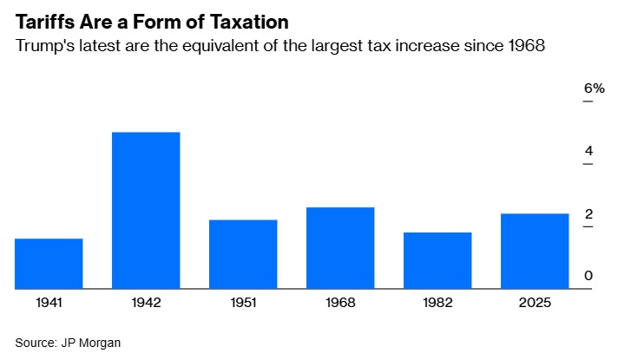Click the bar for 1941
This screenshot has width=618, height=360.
[49, 264]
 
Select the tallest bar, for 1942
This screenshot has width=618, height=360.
[146, 211]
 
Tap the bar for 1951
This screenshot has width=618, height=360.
[243, 254]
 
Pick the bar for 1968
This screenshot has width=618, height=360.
[340, 248]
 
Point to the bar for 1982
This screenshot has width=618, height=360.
[437, 260]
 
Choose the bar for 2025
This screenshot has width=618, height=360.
[535, 252]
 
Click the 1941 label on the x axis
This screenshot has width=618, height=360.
[49, 304]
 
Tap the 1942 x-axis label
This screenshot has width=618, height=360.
[146, 304]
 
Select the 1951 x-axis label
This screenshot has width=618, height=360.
[243, 304]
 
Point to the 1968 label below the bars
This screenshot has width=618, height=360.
[340, 304]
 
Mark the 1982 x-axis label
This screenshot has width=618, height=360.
[437, 304]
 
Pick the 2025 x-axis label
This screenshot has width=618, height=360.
[535, 304]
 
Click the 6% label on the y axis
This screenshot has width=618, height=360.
[593, 88]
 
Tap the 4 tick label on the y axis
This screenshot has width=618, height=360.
[588, 151]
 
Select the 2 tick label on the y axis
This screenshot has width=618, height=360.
[588, 213]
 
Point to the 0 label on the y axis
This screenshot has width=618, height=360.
[588, 276]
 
